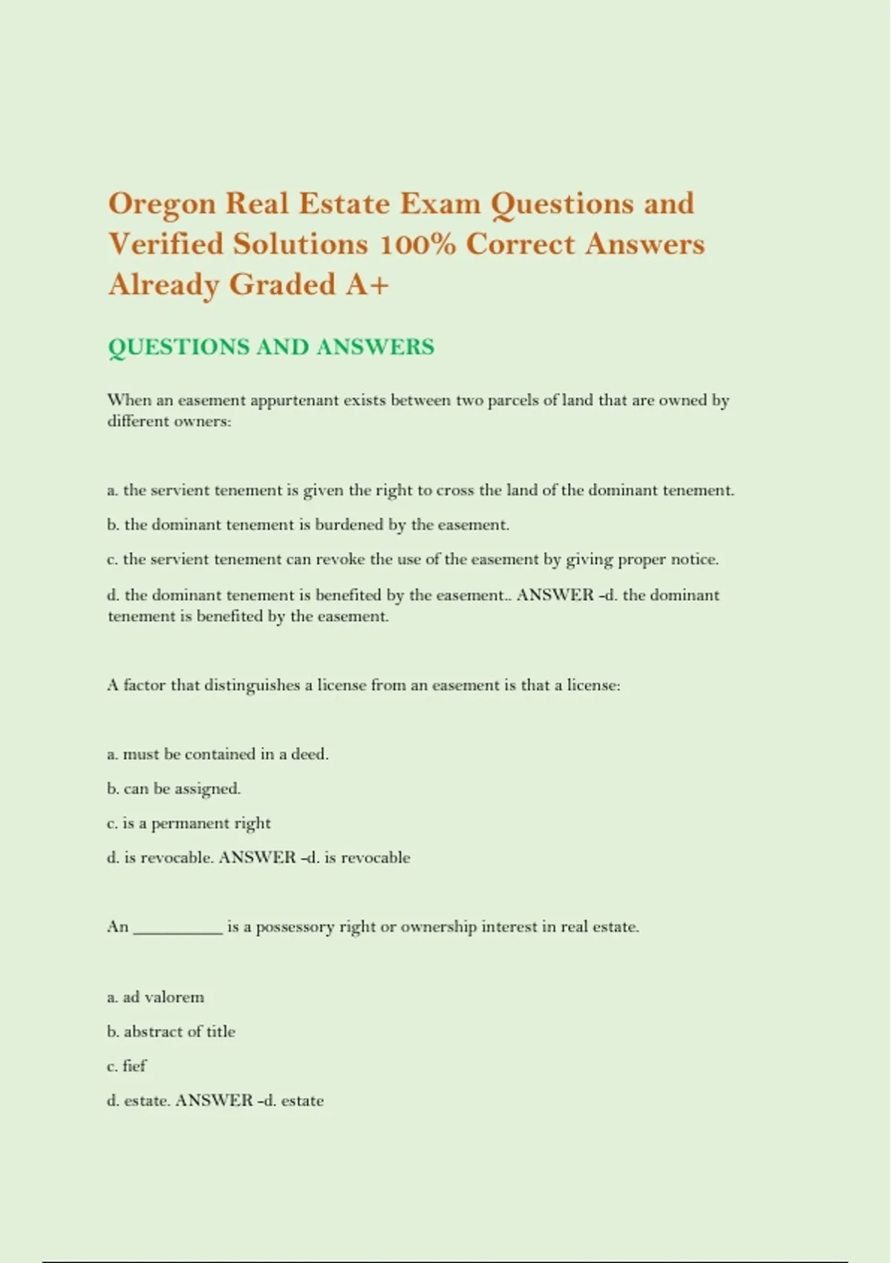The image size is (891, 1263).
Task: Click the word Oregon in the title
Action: coord(161,204)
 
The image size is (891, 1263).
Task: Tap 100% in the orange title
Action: coord(417,244)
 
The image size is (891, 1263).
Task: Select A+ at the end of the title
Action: coord(367,285)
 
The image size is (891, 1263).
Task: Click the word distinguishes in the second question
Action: coord(252,685)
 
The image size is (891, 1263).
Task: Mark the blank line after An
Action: coord(177,929)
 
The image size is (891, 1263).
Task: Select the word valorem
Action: coord(174,997)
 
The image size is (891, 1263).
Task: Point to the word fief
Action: coord(134,1065)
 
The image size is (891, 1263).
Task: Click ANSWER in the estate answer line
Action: coord(214,1100)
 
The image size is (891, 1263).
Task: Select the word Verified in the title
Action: coord(164,244)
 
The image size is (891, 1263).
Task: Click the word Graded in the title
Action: coord(282,285)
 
